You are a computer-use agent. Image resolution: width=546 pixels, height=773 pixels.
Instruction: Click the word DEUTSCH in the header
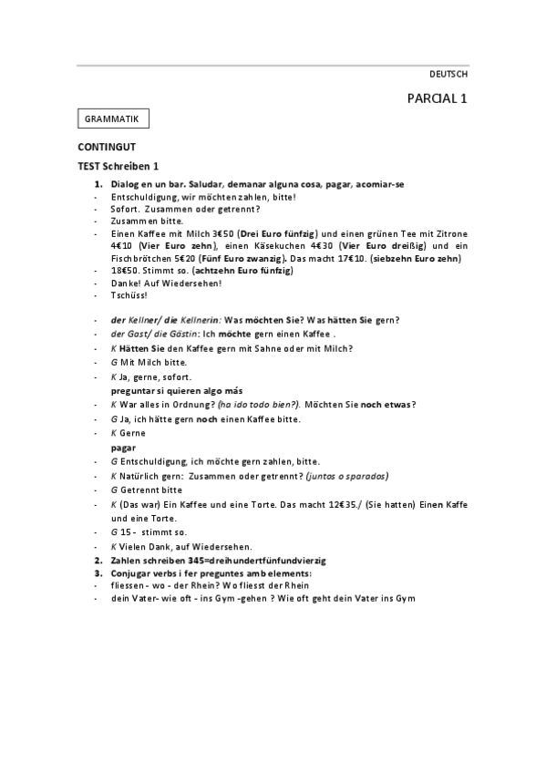(448, 74)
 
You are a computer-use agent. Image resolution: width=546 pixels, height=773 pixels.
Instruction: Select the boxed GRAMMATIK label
(113, 119)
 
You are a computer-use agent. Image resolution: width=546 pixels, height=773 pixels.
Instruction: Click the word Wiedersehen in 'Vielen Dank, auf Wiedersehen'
(212, 546)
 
